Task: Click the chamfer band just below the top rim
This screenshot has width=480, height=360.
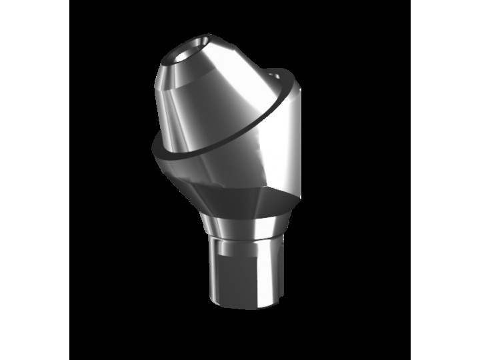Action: click(x=200, y=73)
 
